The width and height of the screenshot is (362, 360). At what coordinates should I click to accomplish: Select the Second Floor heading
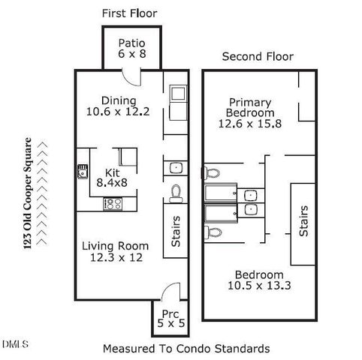click(258, 56)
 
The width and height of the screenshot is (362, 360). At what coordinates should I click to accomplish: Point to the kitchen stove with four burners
click(113, 202)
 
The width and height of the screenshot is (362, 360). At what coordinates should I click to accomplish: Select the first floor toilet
click(176, 193)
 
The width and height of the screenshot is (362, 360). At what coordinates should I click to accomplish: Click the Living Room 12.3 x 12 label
click(115, 251)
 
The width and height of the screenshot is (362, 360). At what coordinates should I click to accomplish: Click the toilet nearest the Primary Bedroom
click(213, 173)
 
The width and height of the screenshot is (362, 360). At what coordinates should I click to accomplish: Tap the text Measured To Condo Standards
click(186, 349)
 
